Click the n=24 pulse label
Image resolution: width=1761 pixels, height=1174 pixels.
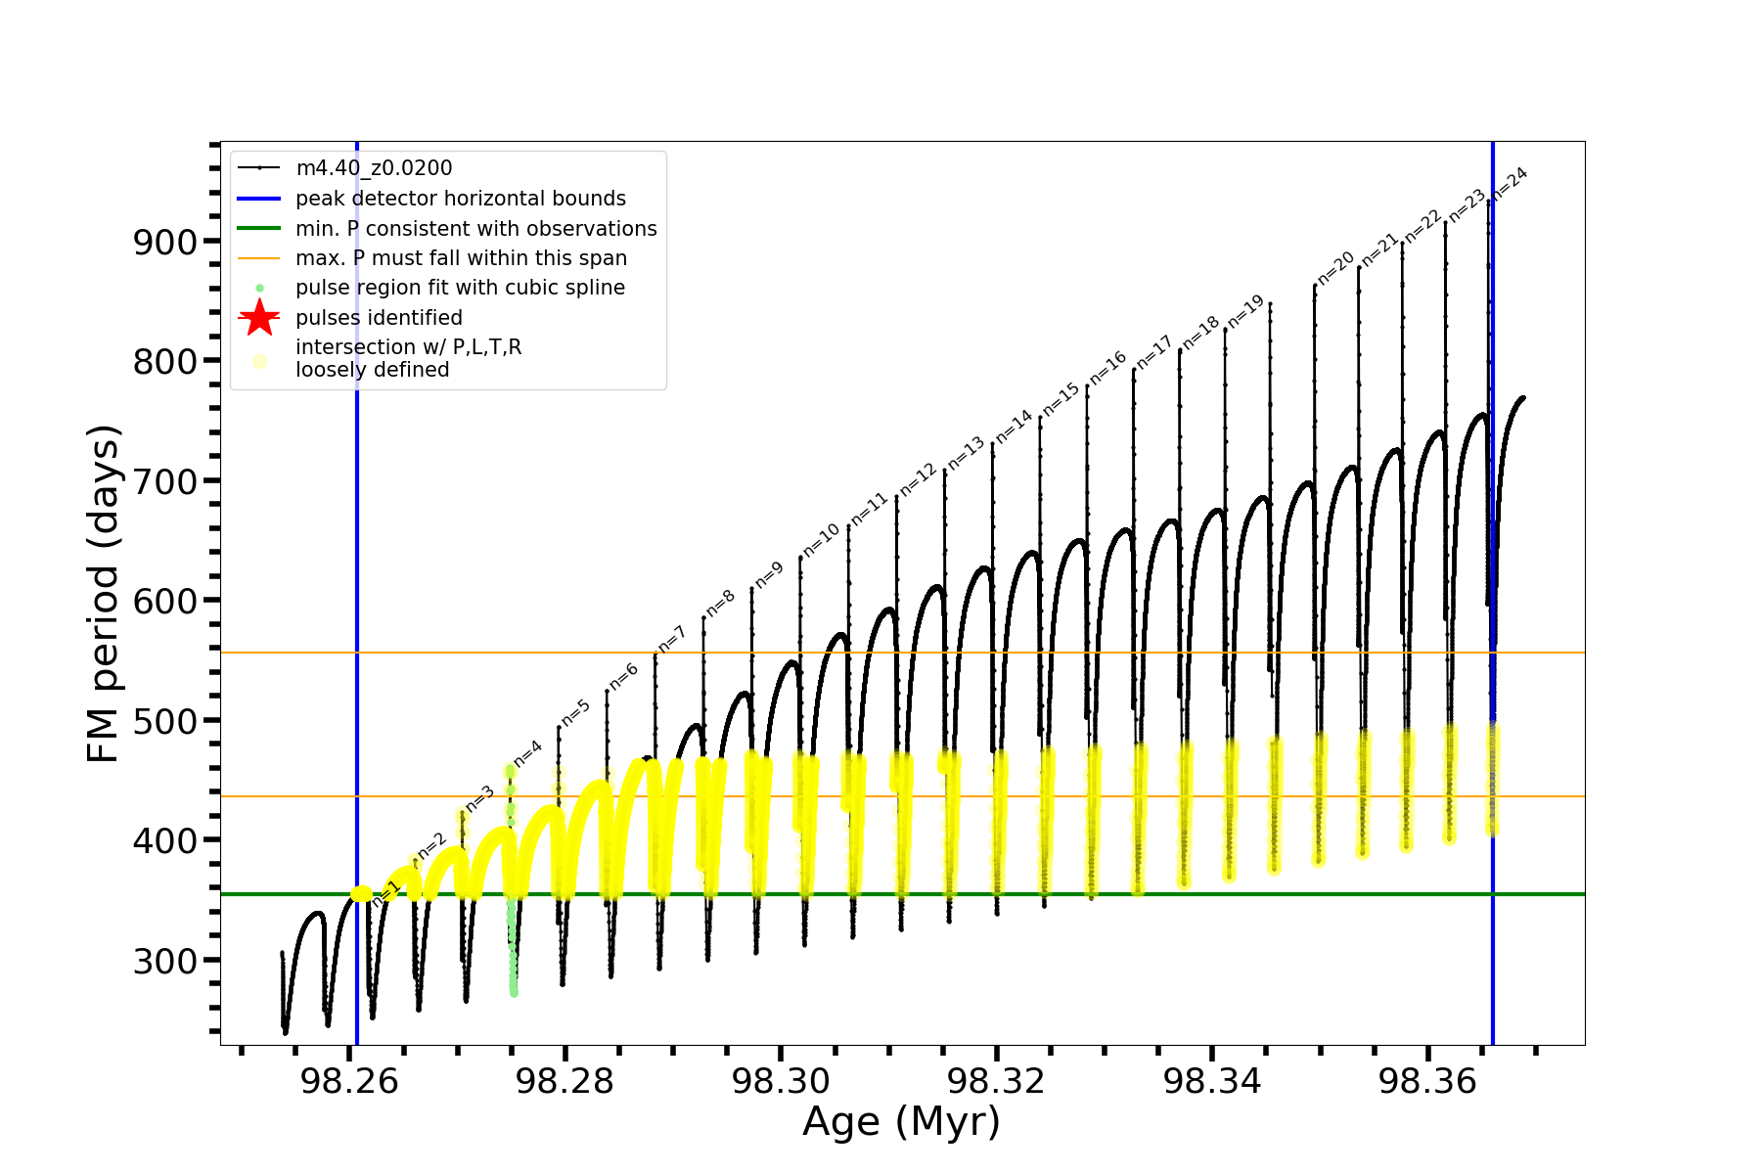pos(1510,183)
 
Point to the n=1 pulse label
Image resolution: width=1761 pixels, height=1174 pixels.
pos(385,893)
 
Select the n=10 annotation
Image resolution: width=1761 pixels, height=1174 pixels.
pos(821,540)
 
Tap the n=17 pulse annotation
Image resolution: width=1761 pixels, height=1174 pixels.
pos(1153,352)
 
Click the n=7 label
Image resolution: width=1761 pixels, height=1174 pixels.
pos(672,639)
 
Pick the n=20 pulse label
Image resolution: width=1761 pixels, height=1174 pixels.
pos(1335,268)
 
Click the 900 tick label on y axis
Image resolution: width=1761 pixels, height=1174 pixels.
pos(164,242)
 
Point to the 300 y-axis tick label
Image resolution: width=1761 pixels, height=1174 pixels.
pos(164,961)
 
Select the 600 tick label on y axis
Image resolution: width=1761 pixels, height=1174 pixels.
pos(164,601)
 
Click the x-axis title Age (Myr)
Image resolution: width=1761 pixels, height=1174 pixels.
pos(901,1122)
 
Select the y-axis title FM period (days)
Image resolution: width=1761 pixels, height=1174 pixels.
pos(103,593)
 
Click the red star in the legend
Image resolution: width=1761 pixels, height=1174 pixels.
pos(259,318)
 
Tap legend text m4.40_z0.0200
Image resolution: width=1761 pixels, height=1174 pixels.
pos(374,168)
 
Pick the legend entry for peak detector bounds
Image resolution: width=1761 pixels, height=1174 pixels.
pos(460,199)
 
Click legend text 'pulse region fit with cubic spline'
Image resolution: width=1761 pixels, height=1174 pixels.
pos(460,288)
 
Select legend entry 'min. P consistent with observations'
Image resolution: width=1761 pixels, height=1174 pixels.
pos(475,229)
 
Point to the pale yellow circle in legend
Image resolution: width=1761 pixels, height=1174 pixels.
pos(259,361)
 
